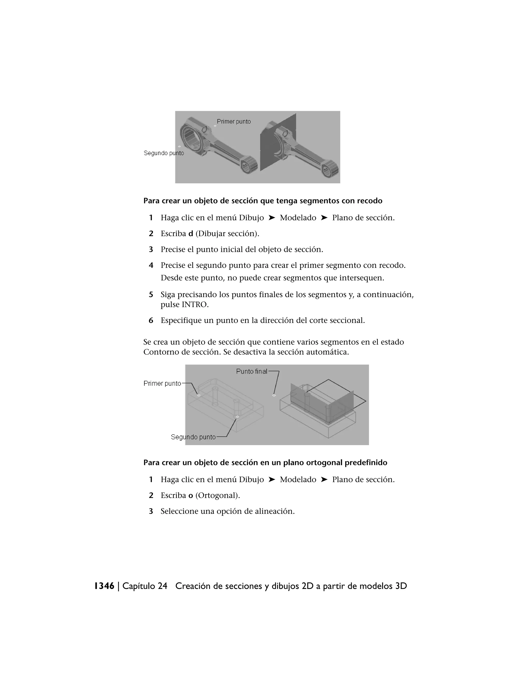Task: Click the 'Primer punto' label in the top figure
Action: click(x=234, y=122)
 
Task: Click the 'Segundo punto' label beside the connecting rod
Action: click(x=164, y=153)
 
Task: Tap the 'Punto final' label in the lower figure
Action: click(x=252, y=371)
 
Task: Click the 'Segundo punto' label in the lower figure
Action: click(x=193, y=437)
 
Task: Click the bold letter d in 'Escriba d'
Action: click(x=190, y=234)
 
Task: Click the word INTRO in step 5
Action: click(x=195, y=305)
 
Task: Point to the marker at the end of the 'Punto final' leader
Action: click(x=274, y=396)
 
